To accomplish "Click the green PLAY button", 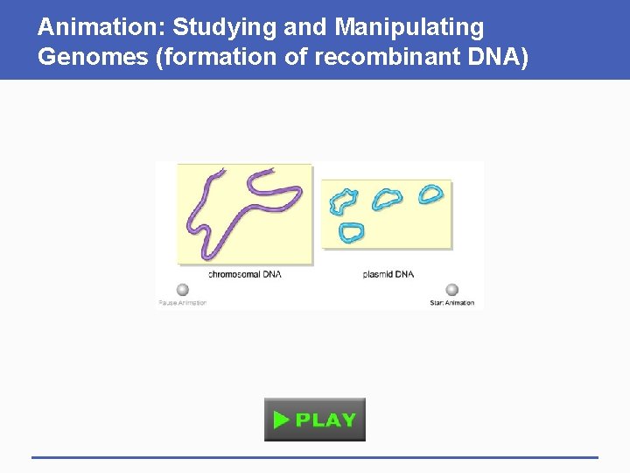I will pyautogui.click(x=315, y=420).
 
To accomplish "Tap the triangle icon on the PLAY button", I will pyautogui.click(x=280, y=420).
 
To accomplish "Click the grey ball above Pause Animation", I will pyautogui.click(x=182, y=290).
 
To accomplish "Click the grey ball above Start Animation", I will pyautogui.click(x=451, y=290).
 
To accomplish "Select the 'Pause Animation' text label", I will pyautogui.click(x=182, y=303).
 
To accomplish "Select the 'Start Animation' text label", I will pyautogui.click(x=451, y=303).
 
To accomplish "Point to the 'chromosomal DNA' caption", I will pyautogui.click(x=244, y=274).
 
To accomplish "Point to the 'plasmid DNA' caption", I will pyautogui.click(x=388, y=274).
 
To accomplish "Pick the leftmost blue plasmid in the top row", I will pyautogui.click(x=343, y=201).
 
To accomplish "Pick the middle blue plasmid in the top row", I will pyautogui.click(x=386, y=199).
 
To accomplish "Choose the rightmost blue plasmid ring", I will pyautogui.click(x=430, y=194).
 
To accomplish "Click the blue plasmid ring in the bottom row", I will pyautogui.click(x=351, y=232).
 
